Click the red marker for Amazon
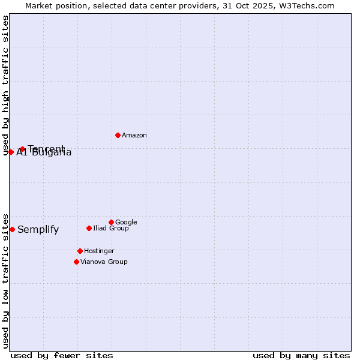[118, 135]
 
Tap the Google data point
[111, 222]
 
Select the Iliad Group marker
[89, 228]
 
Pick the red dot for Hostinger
[80, 251]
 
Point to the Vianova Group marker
[76, 262]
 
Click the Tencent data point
[22, 149]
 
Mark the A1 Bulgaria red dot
[11, 152]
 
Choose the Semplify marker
[12, 229]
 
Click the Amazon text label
[134, 136]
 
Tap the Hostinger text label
[99, 251]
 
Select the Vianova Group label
[104, 262]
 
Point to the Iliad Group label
[111, 229]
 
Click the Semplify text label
[38, 230]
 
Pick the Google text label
[126, 223]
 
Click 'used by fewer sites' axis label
[62, 356]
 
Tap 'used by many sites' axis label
[301, 356]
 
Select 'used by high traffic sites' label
[6, 85]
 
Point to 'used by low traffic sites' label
[6, 281]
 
